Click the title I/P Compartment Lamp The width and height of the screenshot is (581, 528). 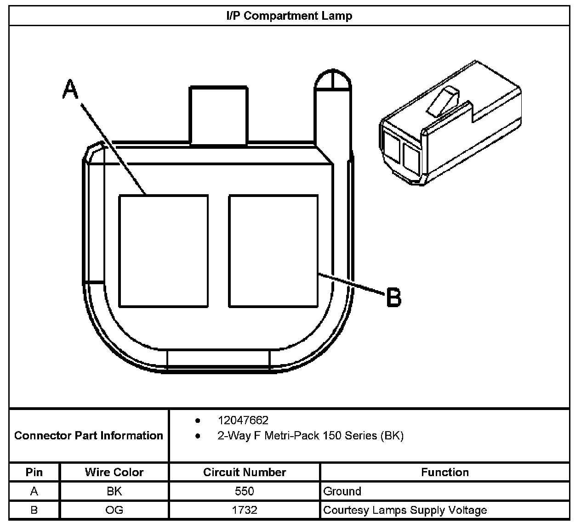289,16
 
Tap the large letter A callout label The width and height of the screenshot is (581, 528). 70,89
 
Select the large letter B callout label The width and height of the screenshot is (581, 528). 393,297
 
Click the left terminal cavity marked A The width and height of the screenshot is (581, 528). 163,251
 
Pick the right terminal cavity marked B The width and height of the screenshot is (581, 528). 273,251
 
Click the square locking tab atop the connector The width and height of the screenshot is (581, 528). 218,115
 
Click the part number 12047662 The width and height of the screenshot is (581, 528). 243,420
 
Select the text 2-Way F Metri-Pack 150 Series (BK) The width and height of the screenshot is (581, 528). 310,435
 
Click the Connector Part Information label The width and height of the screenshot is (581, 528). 89,435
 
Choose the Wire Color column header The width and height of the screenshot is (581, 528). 114,472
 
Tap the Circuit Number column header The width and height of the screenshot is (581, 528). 245,472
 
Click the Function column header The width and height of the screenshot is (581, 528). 444,472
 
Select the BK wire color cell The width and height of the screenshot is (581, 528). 114,491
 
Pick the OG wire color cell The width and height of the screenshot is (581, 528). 114,510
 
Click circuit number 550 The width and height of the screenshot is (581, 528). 245,491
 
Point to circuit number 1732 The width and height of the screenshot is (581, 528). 245,510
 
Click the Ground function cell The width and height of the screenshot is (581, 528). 342,491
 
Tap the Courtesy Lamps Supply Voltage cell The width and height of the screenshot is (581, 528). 405,510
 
